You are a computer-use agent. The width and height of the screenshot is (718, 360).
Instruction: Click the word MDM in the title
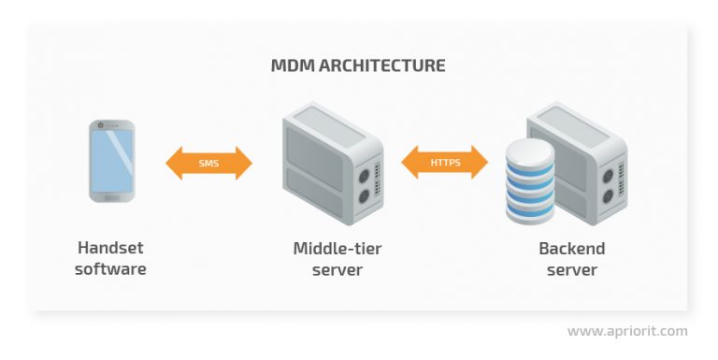point(291,66)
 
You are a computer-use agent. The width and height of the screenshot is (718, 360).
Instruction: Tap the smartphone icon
point(112,161)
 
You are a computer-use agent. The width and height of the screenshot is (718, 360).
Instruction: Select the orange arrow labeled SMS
point(209,163)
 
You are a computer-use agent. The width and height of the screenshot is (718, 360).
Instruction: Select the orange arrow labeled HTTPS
point(445,162)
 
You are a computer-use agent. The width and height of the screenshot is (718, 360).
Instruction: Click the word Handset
point(110,249)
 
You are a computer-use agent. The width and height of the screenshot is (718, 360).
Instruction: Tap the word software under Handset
point(110,270)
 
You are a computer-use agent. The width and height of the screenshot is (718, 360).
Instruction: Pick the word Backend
point(571,249)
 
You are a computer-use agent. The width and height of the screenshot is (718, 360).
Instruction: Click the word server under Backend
point(571,270)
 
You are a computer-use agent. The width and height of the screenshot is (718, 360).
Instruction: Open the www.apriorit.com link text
point(627,331)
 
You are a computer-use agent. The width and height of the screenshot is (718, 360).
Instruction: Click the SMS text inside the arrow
point(209,163)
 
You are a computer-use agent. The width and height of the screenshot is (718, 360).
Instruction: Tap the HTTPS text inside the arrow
point(445,162)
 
